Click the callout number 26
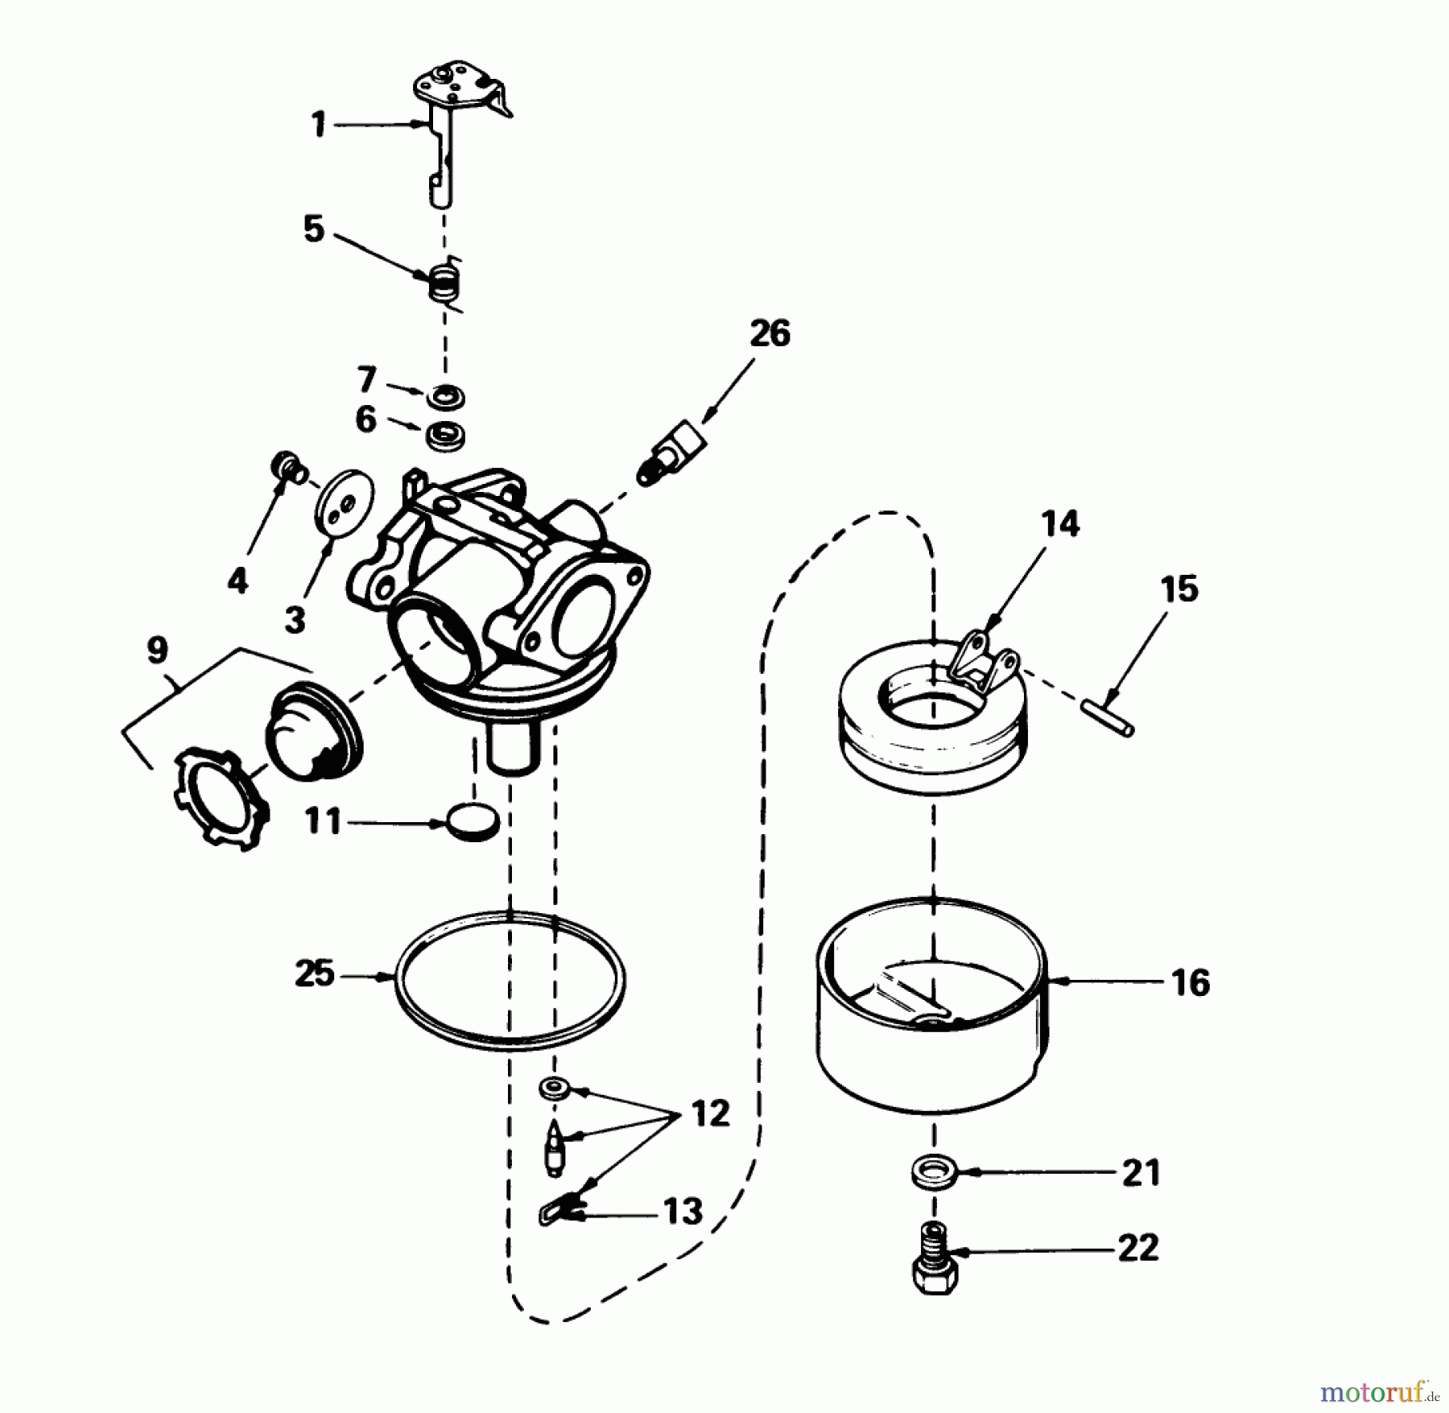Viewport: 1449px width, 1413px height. pyautogui.click(x=770, y=334)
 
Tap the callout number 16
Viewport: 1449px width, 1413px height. pyautogui.click(x=1191, y=983)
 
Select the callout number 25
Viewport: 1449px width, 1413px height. pyautogui.click(x=314, y=974)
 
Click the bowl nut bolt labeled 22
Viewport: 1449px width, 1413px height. pyautogui.click(x=934, y=1265)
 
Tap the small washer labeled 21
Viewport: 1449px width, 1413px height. pyautogui.click(x=932, y=1172)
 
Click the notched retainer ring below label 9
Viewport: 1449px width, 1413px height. pyautogui.click(x=219, y=795)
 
